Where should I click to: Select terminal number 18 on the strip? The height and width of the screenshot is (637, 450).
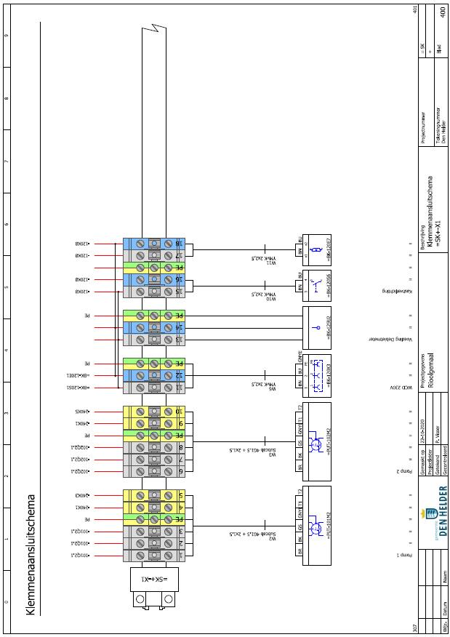tap(178, 244)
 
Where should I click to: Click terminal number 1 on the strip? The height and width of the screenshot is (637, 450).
tap(178, 556)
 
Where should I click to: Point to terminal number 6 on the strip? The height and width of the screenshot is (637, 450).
tap(178, 471)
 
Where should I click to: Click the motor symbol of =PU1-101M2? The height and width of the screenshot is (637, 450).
tap(316, 522)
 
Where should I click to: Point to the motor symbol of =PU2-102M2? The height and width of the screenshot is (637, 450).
tap(316, 439)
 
